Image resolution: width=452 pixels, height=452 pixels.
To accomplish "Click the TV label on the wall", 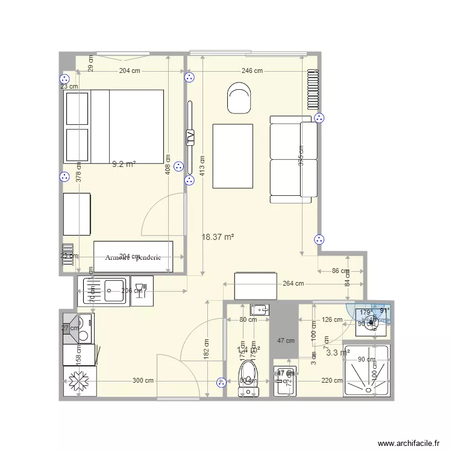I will click(x=190, y=137).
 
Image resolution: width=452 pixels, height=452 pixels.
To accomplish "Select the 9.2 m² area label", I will click(x=124, y=163).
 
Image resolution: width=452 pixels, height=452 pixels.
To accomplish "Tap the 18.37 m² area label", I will click(x=218, y=237).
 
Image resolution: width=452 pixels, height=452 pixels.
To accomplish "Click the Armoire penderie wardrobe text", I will click(x=133, y=257).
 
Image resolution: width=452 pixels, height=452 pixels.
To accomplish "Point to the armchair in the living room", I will click(x=239, y=99).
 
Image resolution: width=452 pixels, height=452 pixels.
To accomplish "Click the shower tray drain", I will click(x=366, y=371).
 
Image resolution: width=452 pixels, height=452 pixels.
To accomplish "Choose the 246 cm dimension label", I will click(x=252, y=71).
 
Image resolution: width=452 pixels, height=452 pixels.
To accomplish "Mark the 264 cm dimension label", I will click(x=292, y=283).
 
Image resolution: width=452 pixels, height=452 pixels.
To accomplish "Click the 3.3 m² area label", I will click(x=337, y=353).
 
